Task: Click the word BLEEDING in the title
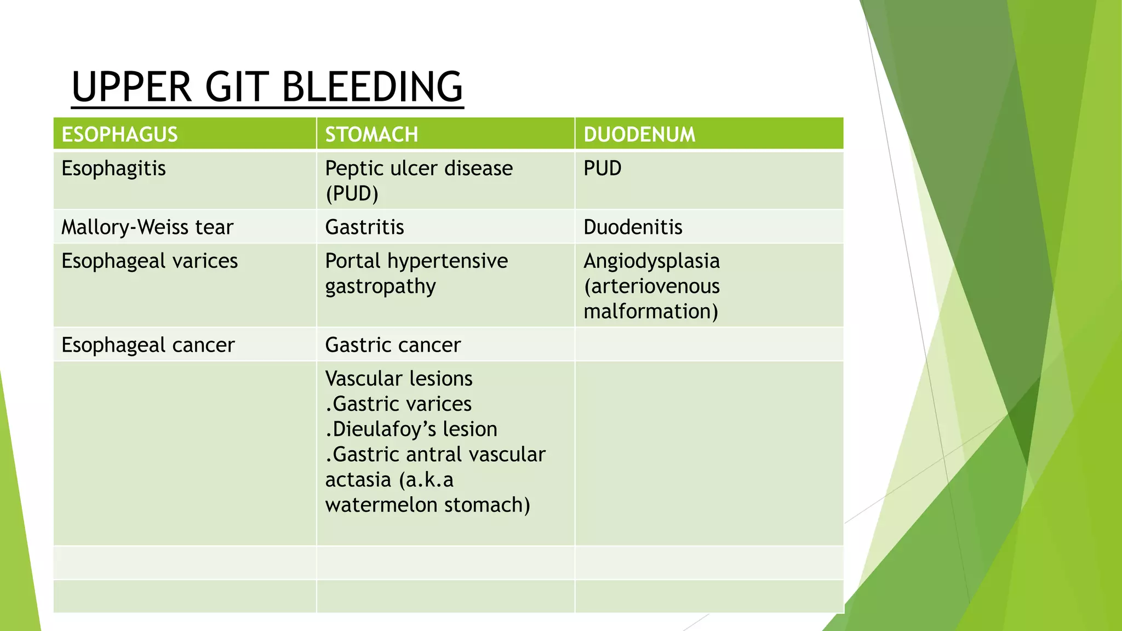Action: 372,87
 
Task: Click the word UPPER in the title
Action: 131,87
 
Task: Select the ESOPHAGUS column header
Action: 119,134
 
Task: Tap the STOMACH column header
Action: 371,134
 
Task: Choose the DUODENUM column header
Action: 639,134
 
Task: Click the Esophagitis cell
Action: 113,169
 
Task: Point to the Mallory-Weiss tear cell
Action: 147,227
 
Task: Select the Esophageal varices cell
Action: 149,261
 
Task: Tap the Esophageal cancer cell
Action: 147,345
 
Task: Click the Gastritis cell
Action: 364,227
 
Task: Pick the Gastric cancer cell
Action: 392,345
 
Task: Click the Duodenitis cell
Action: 632,227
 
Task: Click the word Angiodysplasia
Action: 651,261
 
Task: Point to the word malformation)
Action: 650,311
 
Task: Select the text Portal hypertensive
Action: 416,261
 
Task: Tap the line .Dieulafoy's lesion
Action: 411,429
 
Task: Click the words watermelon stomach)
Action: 427,504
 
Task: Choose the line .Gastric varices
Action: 398,404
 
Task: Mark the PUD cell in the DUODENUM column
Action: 602,168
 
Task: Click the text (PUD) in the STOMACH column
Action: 351,193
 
